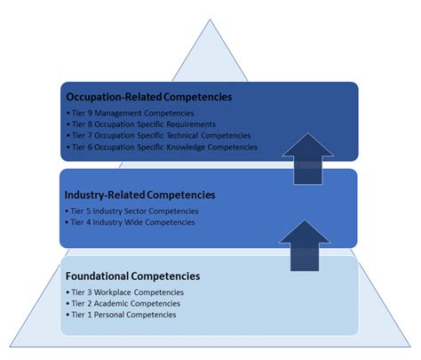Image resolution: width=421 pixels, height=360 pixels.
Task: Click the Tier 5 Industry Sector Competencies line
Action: click(x=134, y=211)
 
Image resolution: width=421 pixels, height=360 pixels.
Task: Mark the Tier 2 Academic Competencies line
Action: click(x=123, y=304)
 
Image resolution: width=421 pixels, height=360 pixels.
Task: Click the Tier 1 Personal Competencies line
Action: click(x=123, y=315)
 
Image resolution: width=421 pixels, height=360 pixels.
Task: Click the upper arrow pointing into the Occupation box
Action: click(x=307, y=157)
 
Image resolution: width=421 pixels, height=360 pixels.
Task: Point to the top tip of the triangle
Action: click(x=210, y=19)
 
